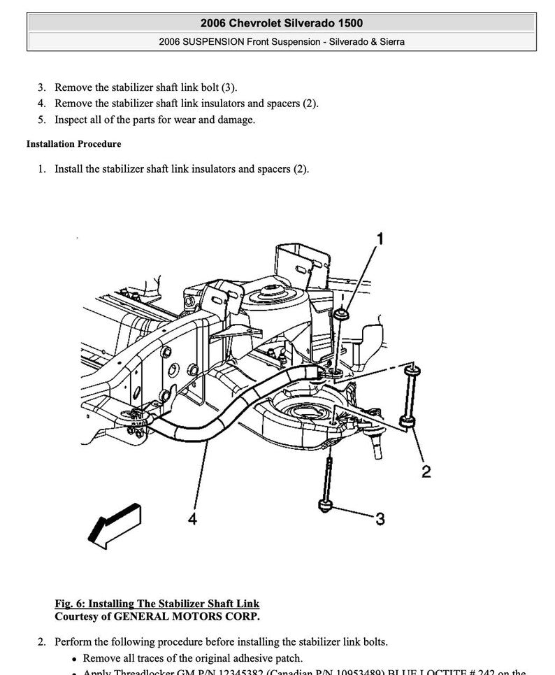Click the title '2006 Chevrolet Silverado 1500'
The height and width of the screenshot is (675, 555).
(281, 24)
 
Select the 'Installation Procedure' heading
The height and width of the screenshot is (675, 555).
(73, 144)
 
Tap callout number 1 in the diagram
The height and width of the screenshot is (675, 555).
(380, 240)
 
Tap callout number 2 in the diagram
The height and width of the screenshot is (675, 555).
(426, 472)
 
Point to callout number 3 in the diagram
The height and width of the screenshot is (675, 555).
(380, 518)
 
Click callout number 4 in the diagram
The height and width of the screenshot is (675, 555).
(192, 518)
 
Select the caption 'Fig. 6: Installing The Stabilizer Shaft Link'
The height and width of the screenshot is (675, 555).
(157, 604)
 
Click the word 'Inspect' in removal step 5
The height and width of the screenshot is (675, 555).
(73, 120)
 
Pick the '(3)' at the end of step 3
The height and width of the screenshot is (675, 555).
(229, 88)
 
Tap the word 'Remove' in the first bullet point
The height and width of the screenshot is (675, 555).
(102, 658)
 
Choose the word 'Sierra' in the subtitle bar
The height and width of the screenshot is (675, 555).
(389, 42)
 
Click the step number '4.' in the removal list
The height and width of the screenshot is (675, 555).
(42, 104)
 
